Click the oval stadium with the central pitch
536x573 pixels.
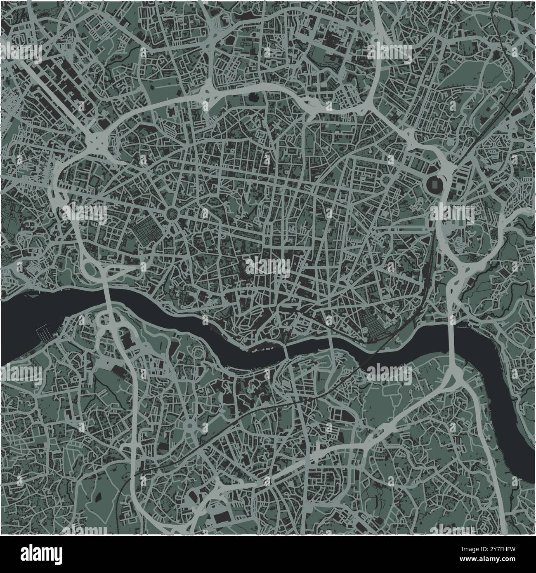pos(436,183)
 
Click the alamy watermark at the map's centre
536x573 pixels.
pos(268,266)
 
